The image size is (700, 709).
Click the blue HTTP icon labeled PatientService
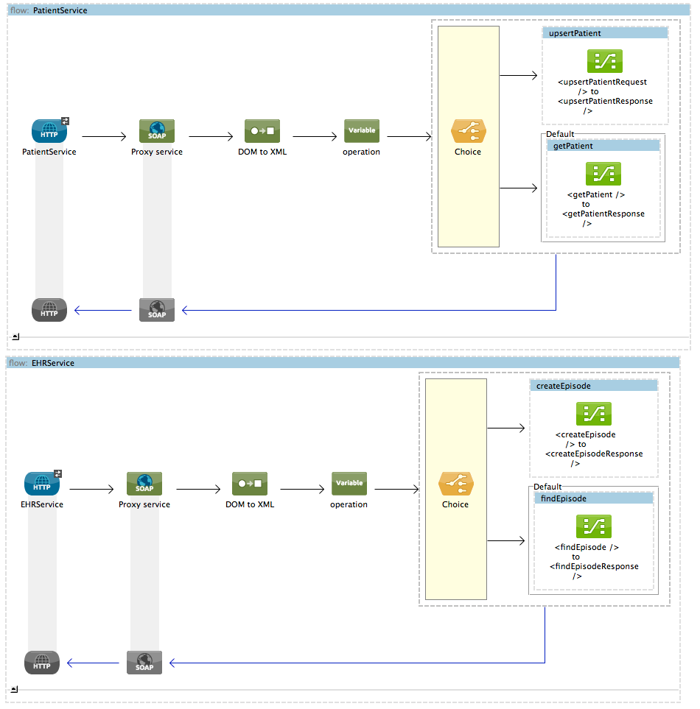tap(49, 131)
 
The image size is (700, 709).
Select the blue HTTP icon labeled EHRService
tap(42, 484)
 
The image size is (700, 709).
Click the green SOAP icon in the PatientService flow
tap(157, 131)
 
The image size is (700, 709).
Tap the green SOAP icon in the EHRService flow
tap(144, 484)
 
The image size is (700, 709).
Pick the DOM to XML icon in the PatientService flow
tap(263, 131)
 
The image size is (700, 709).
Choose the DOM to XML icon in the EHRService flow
tap(251, 484)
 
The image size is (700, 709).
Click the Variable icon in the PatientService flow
tap(361, 131)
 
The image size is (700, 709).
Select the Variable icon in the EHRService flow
tap(349, 484)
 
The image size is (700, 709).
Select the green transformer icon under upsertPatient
tap(604, 61)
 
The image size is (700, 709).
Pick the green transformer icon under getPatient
tap(603, 174)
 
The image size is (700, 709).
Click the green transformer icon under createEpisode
tap(593, 414)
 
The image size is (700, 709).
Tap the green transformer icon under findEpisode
tap(593, 526)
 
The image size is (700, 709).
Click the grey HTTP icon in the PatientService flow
tap(49, 310)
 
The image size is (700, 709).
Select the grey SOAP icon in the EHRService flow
tap(144, 663)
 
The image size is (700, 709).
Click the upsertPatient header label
tap(575, 33)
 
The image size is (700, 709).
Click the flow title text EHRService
tap(53, 363)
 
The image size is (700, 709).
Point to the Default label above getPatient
tap(560, 135)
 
